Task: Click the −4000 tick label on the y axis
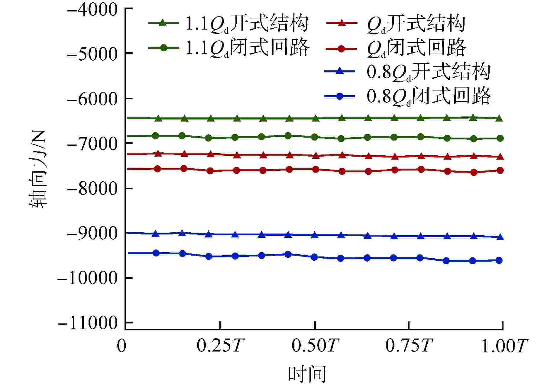coord(92,10)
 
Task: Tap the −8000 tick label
coord(92,189)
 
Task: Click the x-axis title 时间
coord(307,374)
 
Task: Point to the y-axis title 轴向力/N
coord(38,169)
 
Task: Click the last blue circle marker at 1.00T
coord(499,260)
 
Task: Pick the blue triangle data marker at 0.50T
coord(315,235)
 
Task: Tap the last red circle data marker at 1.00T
coord(500,170)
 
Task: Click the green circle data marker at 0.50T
coord(315,137)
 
